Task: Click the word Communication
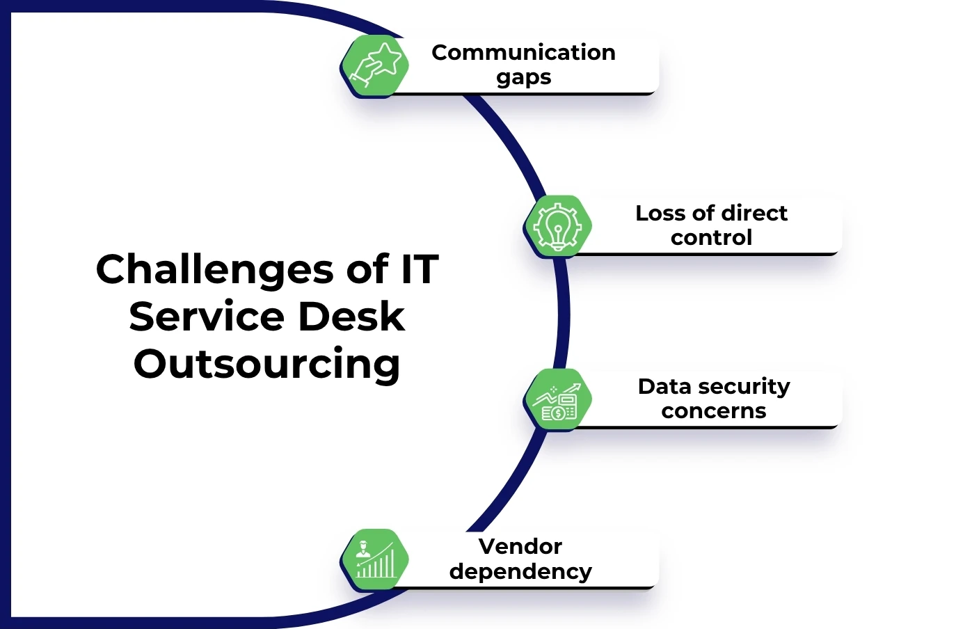[x=523, y=52]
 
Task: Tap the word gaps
[x=523, y=78]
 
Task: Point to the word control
[x=711, y=238]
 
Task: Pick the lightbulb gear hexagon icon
[x=557, y=226]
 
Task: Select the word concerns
[x=713, y=411]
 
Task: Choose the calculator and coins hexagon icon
[x=557, y=400]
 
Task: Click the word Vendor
[x=520, y=546]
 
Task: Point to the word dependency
[x=520, y=572]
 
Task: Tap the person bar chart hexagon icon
[x=375, y=559]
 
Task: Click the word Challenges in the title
[x=214, y=270]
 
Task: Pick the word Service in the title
[x=207, y=317]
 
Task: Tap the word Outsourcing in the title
[x=266, y=365]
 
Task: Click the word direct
[x=754, y=213]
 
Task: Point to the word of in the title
[x=368, y=269]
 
